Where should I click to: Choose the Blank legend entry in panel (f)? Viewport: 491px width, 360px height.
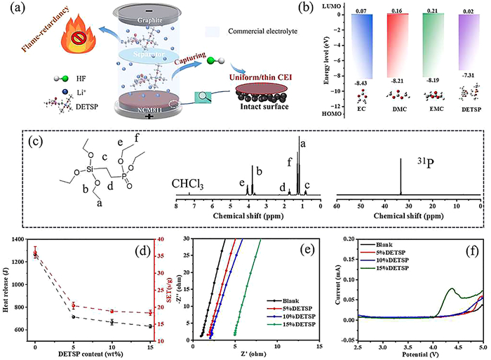(x=361, y=244)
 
